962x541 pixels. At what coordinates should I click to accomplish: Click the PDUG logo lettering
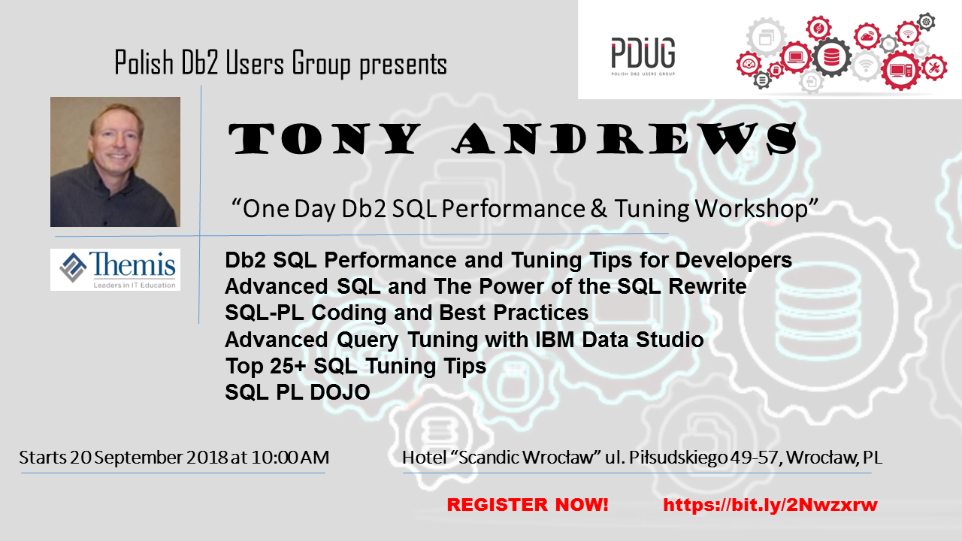pyautogui.click(x=643, y=53)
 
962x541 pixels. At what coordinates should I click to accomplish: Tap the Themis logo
pyautogui.click(x=115, y=270)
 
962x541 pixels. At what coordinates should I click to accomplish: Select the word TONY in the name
pyautogui.click(x=324, y=138)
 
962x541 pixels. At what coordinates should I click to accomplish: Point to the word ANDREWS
pyautogui.click(x=625, y=138)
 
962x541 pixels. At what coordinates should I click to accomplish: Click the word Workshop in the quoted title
pyautogui.click(x=757, y=209)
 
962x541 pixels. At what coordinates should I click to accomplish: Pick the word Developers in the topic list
pyautogui.click(x=734, y=261)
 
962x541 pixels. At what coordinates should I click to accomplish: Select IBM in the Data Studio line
pyautogui.click(x=555, y=340)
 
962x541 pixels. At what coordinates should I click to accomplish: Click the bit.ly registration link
pyautogui.click(x=770, y=505)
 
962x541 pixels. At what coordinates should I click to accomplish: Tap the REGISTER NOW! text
pyautogui.click(x=528, y=505)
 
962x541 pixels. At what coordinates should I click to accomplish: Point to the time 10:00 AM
pyautogui.click(x=290, y=458)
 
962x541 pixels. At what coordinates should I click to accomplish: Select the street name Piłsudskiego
pyautogui.click(x=678, y=458)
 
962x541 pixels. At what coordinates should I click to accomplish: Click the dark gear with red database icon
pyautogui.click(x=831, y=56)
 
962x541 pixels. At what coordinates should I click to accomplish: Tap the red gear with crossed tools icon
pyautogui.click(x=933, y=68)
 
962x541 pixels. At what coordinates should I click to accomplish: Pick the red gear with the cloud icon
pyautogui.click(x=867, y=36)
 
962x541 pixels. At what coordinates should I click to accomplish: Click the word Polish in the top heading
pyautogui.click(x=144, y=63)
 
